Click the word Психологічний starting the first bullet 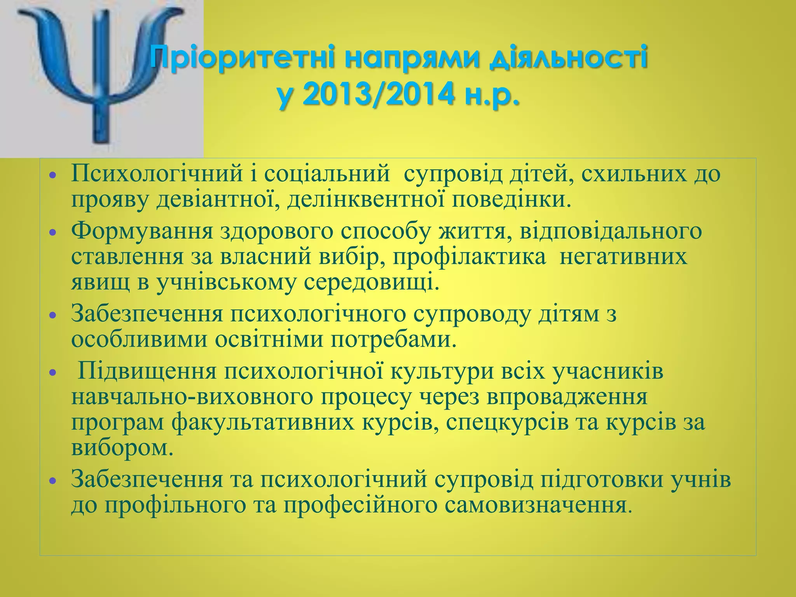(x=157, y=173)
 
